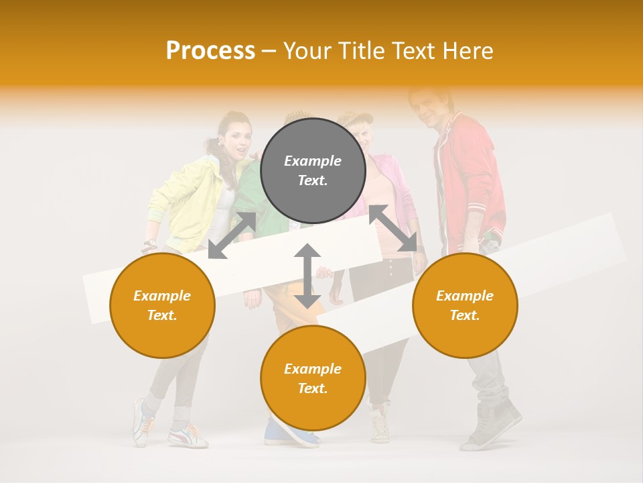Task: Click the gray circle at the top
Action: pyautogui.click(x=313, y=170)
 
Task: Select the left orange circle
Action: pyautogui.click(x=162, y=305)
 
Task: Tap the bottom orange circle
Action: pyautogui.click(x=313, y=378)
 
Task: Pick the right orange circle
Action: pyautogui.click(x=465, y=305)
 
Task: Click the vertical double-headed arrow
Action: pyautogui.click(x=307, y=276)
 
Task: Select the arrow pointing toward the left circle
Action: pyautogui.click(x=232, y=235)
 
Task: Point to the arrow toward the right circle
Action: pyautogui.click(x=392, y=229)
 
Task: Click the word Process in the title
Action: pyautogui.click(x=210, y=50)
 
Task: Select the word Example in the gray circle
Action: pyautogui.click(x=313, y=161)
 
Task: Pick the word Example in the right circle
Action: pyautogui.click(x=465, y=296)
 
